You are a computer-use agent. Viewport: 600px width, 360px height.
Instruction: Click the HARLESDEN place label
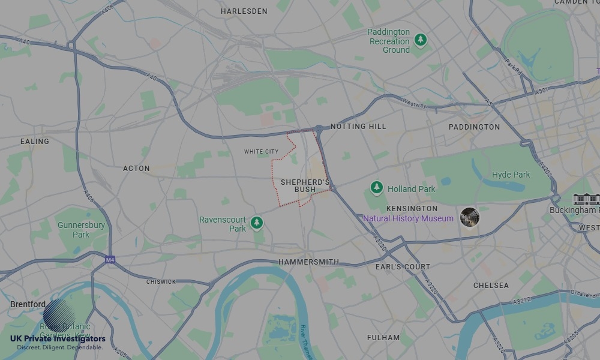(x=244, y=11)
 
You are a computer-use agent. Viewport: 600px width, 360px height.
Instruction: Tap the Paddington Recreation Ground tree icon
(x=421, y=40)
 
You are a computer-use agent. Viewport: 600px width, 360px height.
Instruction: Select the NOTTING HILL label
(x=358, y=127)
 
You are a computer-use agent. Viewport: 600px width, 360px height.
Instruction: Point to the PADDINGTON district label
(x=474, y=127)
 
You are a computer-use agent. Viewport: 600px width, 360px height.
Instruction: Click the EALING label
(x=35, y=142)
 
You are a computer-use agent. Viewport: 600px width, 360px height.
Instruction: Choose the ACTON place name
(x=136, y=169)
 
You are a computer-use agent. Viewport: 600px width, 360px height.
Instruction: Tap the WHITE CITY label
(x=261, y=152)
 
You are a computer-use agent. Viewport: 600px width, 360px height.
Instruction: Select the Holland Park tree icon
(x=376, y=188)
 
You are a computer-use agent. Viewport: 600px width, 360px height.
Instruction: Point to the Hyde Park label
(x=511, y=175)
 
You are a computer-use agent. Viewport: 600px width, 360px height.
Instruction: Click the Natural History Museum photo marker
(x=470, y=217)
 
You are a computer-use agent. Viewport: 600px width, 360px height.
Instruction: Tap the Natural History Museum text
(x=408, y=218)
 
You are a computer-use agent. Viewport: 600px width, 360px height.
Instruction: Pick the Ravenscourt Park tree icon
(x=257, y=223)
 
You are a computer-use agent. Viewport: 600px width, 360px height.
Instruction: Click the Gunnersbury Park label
(x=81, y=230)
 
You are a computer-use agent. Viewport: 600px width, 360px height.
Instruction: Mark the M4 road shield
(x=110, y=260)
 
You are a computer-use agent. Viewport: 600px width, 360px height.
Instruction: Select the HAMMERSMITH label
(x=308, y=262)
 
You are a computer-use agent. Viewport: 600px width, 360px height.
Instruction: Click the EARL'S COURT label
(x=403, y=266)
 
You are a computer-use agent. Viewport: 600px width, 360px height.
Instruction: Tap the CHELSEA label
(x=491, y=286)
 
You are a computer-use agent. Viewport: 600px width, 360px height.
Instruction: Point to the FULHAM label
(x=383, y=338)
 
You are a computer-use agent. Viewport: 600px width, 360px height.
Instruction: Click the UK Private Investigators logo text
(x=58, y=339)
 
